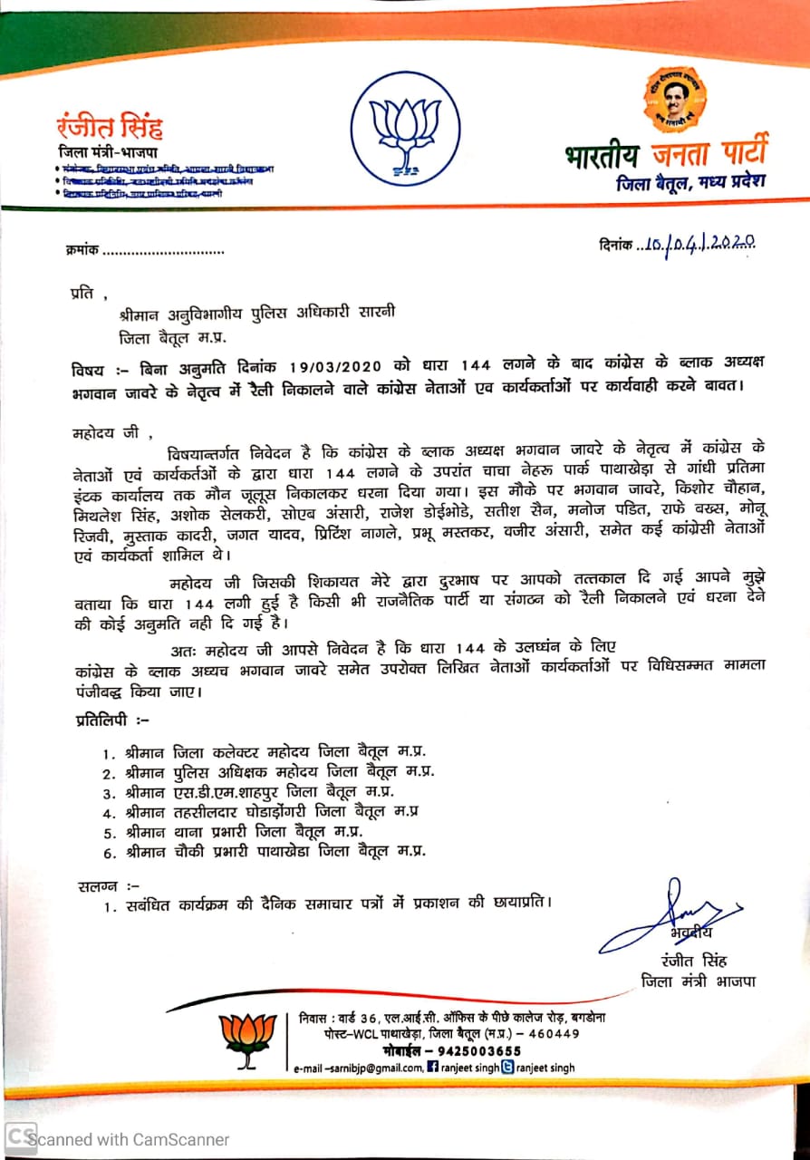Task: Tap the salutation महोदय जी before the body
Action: [x=106, y=434]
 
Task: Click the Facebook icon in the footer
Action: [x=433, y=1068]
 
